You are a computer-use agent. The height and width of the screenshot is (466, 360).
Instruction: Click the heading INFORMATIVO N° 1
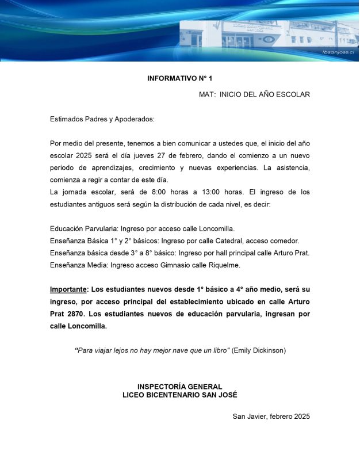(x=179, y=78)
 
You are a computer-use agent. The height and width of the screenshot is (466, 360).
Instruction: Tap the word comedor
(x=284, y=240)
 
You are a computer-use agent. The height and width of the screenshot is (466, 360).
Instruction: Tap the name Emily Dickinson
(x=259, y=350)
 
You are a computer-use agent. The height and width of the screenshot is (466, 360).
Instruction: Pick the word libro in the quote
(x=219, y=350)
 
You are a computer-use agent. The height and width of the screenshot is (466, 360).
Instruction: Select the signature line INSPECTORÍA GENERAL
(x=179, y=387)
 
